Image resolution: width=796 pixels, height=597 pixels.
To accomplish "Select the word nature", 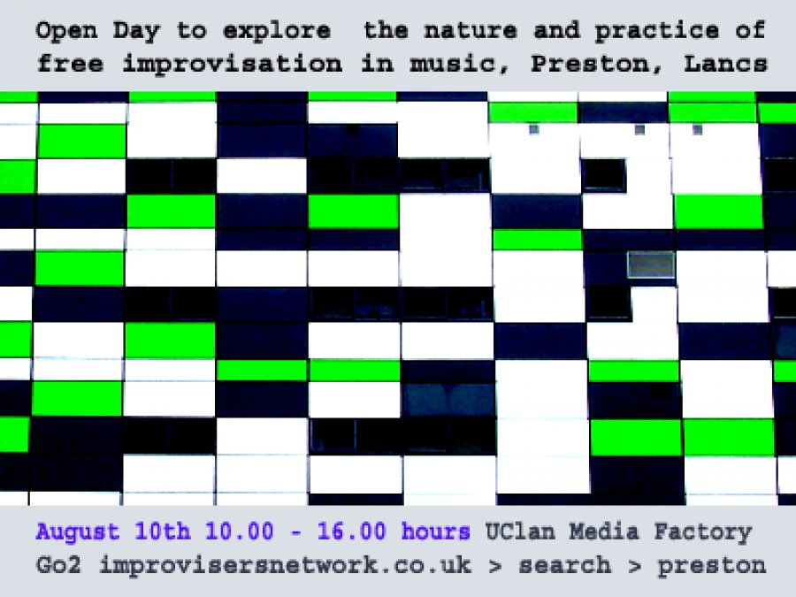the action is (471, 30).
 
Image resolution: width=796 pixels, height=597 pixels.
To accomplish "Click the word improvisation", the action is (233, 65).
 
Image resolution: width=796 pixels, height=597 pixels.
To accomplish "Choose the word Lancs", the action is (725, 64).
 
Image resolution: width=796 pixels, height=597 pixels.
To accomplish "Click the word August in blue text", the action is (78, 532).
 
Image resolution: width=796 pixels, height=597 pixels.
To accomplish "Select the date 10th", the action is (163, 532).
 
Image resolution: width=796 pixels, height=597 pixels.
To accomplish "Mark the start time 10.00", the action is (239, 532).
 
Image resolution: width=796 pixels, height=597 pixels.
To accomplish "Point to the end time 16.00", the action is (352, 532).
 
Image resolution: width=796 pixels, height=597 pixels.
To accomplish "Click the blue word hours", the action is (435, 532).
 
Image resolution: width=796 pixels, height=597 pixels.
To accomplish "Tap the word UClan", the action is (520, 532).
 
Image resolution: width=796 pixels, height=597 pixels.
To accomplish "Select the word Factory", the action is (702, 532).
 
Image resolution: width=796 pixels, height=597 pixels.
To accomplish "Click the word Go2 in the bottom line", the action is (58, 565).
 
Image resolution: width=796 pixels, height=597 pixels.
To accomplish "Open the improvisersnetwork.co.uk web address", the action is (286, 565).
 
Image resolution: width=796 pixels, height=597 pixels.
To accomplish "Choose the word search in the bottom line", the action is (565, 565).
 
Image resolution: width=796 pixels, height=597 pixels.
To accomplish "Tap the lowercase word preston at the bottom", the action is (712, 566).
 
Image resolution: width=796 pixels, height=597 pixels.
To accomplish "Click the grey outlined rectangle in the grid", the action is (651, 264).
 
